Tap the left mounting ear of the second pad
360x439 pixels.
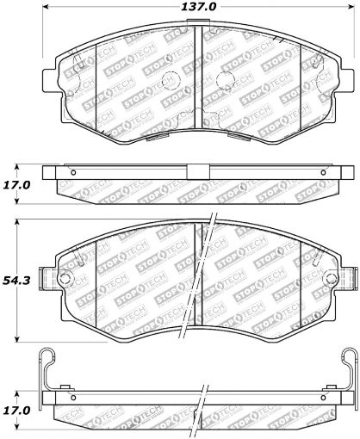click(63, 279)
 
